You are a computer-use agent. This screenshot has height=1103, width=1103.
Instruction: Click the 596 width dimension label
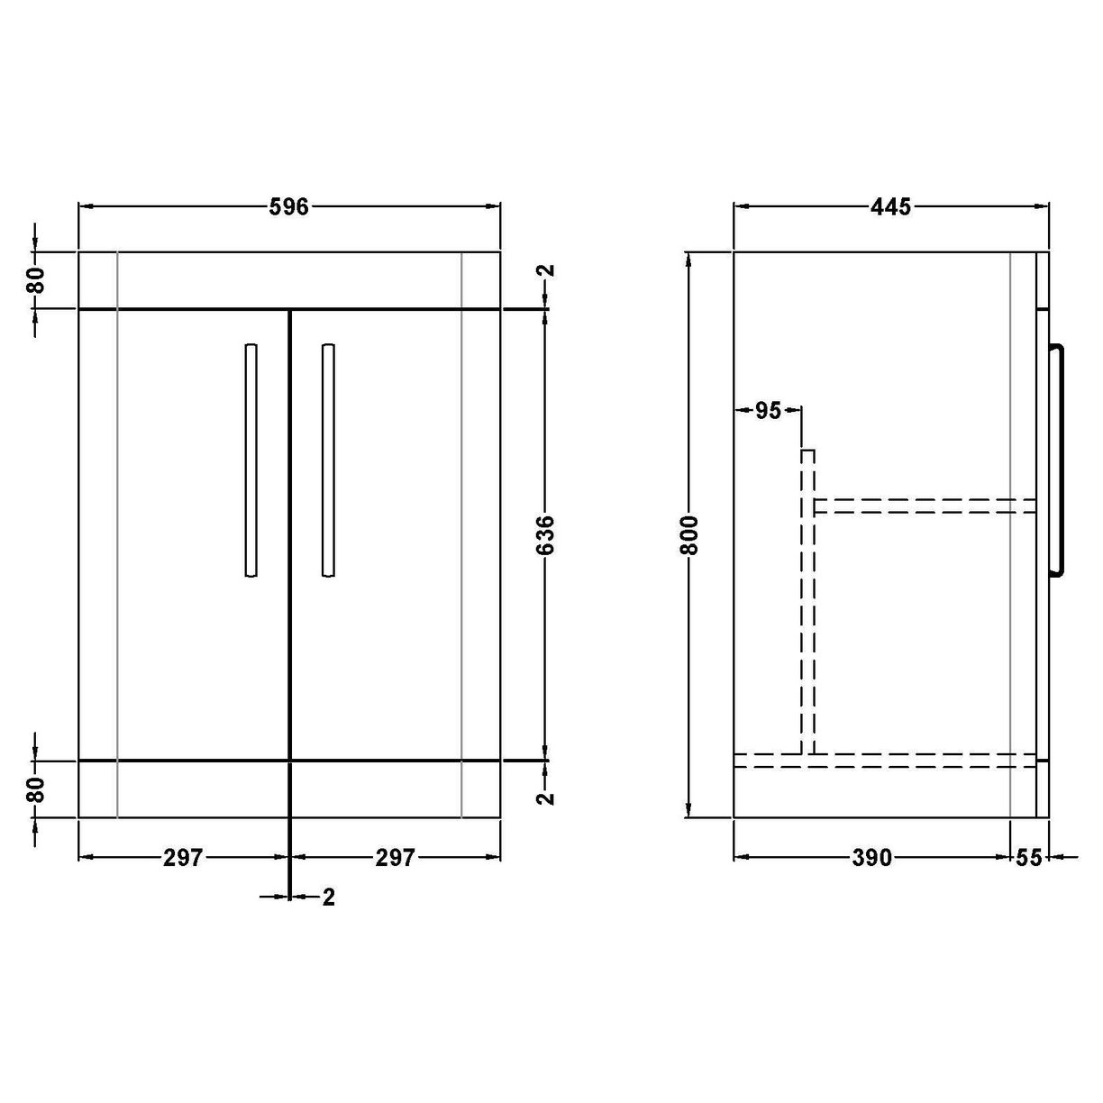click(x=289, y=207)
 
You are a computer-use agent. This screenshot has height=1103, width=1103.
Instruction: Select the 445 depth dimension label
click(x=891, y=207)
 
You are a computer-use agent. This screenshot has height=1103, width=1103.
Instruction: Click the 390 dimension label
click(x=871, y=858)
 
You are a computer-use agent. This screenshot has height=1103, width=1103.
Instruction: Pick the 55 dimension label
click(x=1029, y=858)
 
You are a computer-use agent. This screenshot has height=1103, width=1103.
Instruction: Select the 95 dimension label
click(x=768, y=411)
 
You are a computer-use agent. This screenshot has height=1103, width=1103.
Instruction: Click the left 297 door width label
click(x=183, y=858)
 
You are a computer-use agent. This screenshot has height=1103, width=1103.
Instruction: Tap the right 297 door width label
click(x=395, y=858)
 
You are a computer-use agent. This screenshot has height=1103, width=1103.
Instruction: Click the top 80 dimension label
click(x=35, y=280)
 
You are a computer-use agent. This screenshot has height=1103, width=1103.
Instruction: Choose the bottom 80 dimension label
click(x=35, y=789)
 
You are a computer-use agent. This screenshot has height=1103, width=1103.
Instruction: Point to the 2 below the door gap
click(x=329, y=897)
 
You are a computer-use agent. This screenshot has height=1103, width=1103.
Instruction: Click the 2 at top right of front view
click(x=546, y=270)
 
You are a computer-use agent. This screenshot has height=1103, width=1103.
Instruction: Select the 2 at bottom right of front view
click(x=546, y=798)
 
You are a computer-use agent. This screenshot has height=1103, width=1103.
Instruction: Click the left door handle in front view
click(x=251, y=459)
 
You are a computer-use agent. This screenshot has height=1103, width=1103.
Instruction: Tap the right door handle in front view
click(x=328, y=459)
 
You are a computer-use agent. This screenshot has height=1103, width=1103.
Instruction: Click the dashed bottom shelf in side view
click(x=883, y=761)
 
